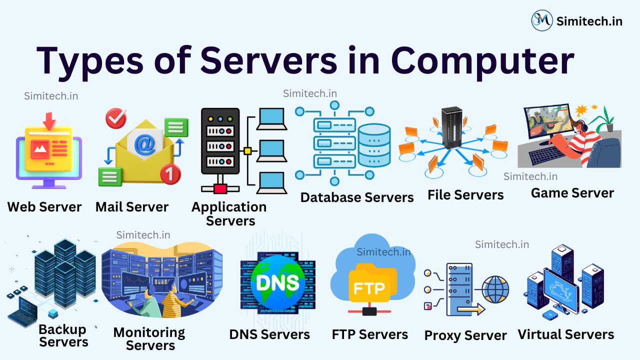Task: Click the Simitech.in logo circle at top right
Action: coord(542,20)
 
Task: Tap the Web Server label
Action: coord(44,207)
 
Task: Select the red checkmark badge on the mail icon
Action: coord(116,118)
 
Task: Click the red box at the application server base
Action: coord(220,188)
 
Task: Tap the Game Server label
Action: coord(572,193)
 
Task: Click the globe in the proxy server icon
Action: coord(495,289)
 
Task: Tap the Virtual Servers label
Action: coord(565,334)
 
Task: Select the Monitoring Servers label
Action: coord(149,338)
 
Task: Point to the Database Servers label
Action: coord(356,197)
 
